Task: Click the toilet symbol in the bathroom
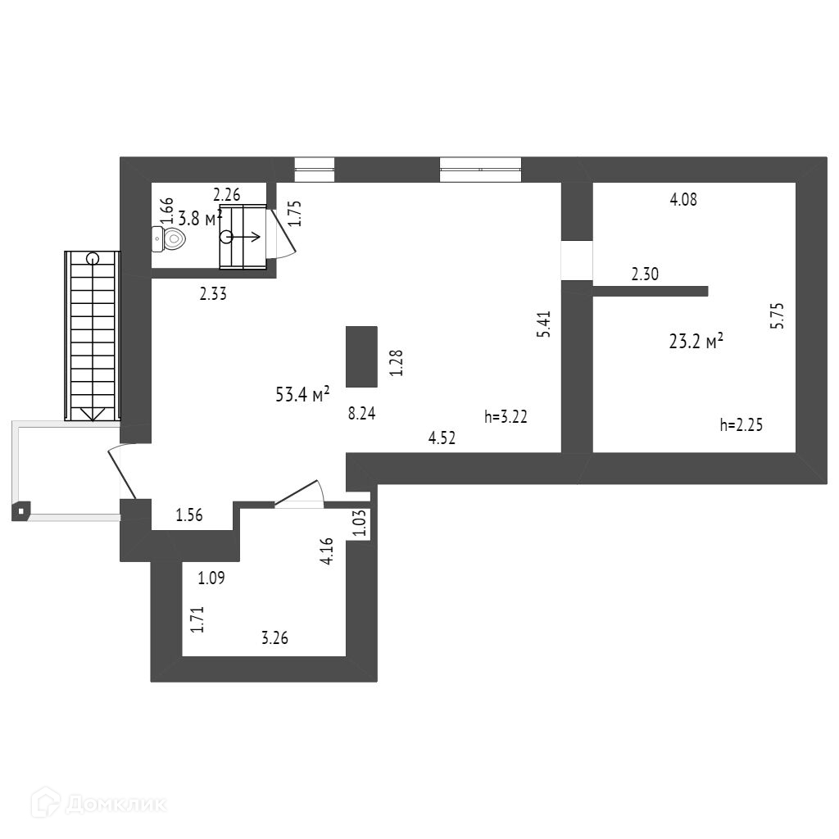click(171, 238)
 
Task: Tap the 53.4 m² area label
click(302, 395)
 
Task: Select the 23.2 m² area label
click(696, 342)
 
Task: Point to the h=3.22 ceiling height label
click(506, 416)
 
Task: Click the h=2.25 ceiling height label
click(741, 424)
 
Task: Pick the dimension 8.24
click(361, 414)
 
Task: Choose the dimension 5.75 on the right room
click(778, 316)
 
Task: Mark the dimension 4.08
click(683, 199)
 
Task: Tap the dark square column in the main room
click(361, 356)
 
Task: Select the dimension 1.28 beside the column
click(397, 363)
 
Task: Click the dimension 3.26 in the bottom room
click(274, 638)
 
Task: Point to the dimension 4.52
click(442, 438)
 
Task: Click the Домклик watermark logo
click(98, 803)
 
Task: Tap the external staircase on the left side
click(92, 336)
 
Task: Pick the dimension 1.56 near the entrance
click(189, 515)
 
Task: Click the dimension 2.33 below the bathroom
click(213, 293)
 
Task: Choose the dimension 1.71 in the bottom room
click(197, 619)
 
